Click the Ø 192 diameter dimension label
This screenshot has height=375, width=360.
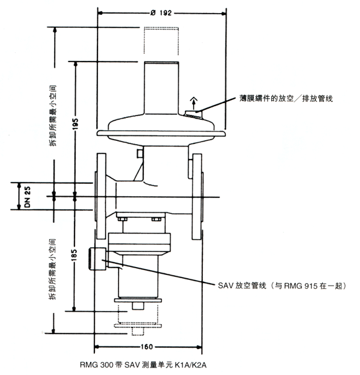coord(161,12)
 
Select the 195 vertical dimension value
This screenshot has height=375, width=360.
coord(75,124)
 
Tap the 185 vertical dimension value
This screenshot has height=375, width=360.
coord(74,254)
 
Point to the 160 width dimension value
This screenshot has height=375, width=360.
coord(146,346)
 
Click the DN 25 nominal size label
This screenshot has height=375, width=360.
coord(27,197)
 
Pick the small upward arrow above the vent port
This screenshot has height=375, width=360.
coord(194,103)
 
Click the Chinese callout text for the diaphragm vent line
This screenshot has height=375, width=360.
coord(286,98)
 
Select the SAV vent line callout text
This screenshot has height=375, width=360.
coord(282,286)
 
